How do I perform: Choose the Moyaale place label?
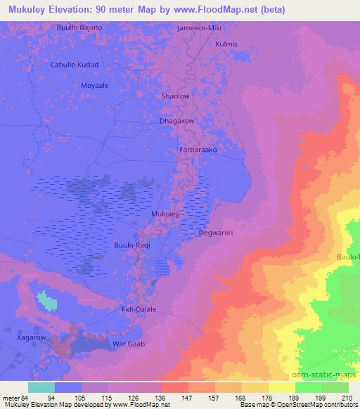95,83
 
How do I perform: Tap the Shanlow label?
176,96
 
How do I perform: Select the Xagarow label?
32,338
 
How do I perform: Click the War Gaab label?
129,344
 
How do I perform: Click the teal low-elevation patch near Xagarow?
46,301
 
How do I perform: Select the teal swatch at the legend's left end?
41,387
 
